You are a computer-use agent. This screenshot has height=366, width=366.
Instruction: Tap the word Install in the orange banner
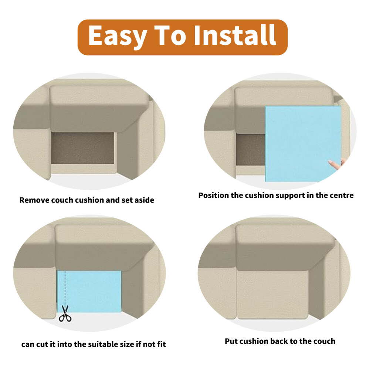235,35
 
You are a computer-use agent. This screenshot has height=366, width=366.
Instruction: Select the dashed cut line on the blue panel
65,288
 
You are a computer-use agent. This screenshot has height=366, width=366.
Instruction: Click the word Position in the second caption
214,195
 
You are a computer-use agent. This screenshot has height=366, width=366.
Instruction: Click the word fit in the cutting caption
161,344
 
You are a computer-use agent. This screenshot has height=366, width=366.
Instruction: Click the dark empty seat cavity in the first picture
83,148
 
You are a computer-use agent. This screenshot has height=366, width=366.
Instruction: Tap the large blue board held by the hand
303,143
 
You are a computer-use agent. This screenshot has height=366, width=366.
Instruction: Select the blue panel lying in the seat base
89,291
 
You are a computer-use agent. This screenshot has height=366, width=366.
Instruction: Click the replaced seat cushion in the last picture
272,295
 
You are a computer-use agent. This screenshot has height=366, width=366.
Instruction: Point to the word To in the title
170,35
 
